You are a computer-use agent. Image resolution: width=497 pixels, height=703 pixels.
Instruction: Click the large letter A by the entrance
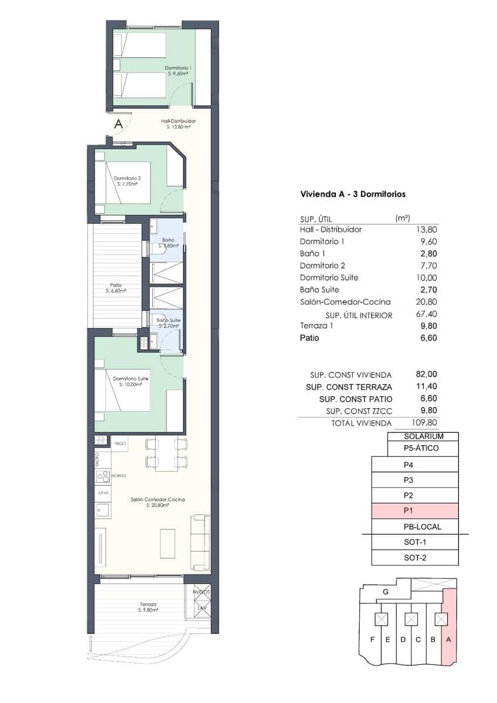[x=118, y=124]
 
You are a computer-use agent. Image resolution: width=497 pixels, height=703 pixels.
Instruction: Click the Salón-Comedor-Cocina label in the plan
[x=158, y=501]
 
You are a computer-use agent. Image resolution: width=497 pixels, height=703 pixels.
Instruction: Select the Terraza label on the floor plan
[x=148, y=606]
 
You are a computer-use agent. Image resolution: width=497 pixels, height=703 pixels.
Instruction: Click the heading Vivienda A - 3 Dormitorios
[x=353, y=194]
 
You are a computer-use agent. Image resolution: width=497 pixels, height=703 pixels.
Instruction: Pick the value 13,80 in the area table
[x=427, y=230]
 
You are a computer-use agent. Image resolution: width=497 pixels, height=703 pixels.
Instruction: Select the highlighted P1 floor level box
[x=414, y=511]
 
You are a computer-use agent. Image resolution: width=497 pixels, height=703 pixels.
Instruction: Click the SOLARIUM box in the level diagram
[x=423, y=436]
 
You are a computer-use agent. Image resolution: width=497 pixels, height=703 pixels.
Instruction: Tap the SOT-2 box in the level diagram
[x=414, y=558]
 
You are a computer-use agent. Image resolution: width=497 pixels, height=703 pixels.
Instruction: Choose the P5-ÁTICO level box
[x=422, y=449]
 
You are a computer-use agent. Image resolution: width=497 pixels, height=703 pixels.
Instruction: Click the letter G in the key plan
[x=385, y=592]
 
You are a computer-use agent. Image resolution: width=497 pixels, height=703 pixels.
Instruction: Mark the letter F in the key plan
[x=372, y=640]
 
